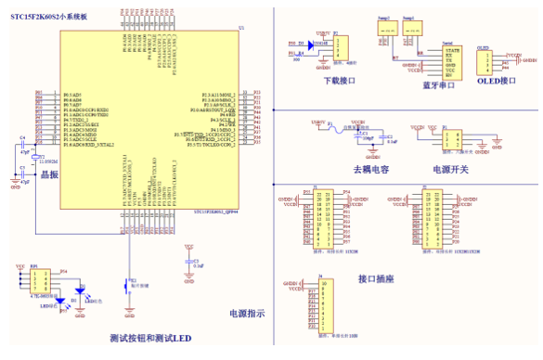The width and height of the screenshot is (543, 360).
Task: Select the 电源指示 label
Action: coord(248,314)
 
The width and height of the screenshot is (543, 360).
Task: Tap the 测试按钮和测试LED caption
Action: coord(149,339)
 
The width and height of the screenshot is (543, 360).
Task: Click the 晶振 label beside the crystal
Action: coord(48,174)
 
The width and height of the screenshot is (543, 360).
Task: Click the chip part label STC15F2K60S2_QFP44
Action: coord(216,212)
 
